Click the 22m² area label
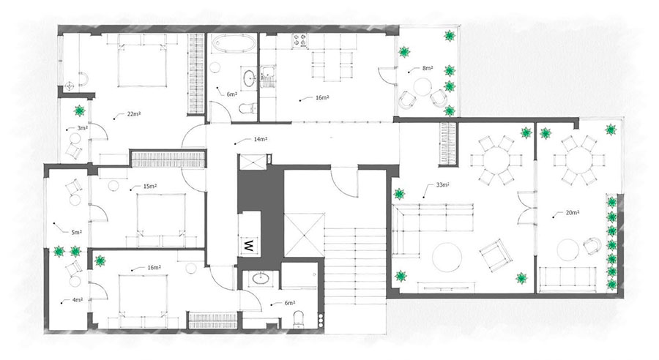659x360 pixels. pyautogui.click(x=134, y=114)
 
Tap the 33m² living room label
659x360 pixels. pyautogui.click(x=443, y=185)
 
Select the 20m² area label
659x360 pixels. pyautogui.click(x=573, y=213)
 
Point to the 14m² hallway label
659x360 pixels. pyautogui.click(x=261, y=140)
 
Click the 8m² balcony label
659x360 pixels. pyautogui.click(x=428, y=68)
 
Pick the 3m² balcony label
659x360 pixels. pyautogui.click(x=82, y=128)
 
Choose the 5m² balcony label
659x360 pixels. pyautogui.click(x=76, y=232)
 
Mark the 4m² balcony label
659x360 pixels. pyautogui.click(x=78, y=300)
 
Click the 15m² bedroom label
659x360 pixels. pyautogui.click(x=150, y=186)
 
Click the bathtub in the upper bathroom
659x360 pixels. pyautogui.click(x=233, y=43)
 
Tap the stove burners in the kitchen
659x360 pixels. pyautogui.click(x=300, y=40)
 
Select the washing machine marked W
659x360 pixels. pyautogui.click(x=248, y=245)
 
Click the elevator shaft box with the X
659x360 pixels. pyautogui.click(x=305, y=235)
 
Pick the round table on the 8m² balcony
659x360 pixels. pyautogui.click(x=422, y=88)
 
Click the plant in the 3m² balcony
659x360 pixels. pyautogui.click(x=79, y=110)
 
